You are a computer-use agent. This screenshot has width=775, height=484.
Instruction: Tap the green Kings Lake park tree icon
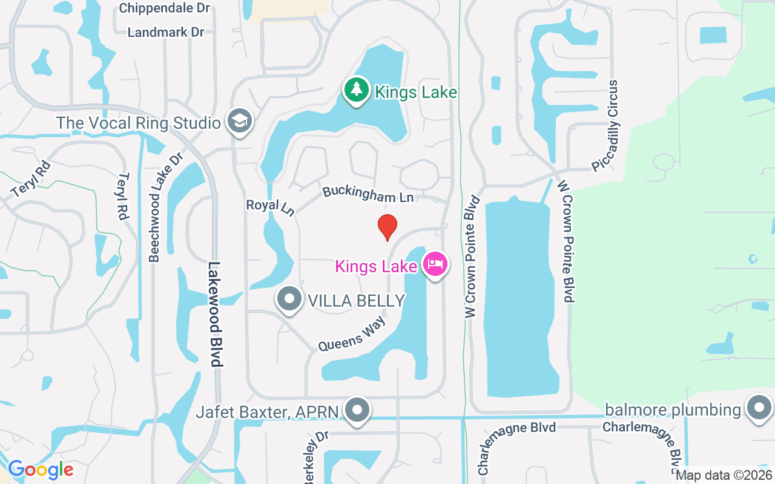357,90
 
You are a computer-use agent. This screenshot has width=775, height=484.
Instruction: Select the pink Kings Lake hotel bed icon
435,264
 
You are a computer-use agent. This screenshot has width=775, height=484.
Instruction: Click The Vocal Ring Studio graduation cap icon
240,122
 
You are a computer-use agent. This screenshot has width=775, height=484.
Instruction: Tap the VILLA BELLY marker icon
289,299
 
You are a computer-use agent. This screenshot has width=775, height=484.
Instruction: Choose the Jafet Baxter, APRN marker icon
357,411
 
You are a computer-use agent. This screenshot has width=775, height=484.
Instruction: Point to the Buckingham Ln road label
368,194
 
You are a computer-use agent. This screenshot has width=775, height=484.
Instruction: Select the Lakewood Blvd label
215,314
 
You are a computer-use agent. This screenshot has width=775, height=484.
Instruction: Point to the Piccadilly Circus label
605,126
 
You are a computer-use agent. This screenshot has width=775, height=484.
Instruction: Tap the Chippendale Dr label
164,8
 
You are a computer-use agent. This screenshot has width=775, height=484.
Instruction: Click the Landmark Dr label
166,32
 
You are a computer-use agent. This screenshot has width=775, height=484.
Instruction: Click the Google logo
41,469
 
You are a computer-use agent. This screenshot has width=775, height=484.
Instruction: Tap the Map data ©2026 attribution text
724,475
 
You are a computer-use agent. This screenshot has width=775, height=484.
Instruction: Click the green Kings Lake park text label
416,92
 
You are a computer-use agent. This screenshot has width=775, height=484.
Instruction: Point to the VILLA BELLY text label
356,300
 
